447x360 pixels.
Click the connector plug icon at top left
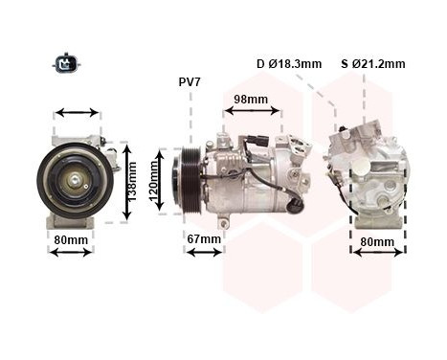[x=66, y=64]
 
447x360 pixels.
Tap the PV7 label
[x=190, y=82]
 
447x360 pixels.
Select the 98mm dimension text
[x=251, y=99]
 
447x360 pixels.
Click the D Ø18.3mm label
[x=289, y=64]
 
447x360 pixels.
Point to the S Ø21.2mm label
[x=372, y=64]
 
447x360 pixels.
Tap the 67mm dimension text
[x=204, y=238]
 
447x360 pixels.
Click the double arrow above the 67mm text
[x=204, y=252]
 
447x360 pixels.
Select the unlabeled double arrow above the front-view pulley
[x=78, y=113]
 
